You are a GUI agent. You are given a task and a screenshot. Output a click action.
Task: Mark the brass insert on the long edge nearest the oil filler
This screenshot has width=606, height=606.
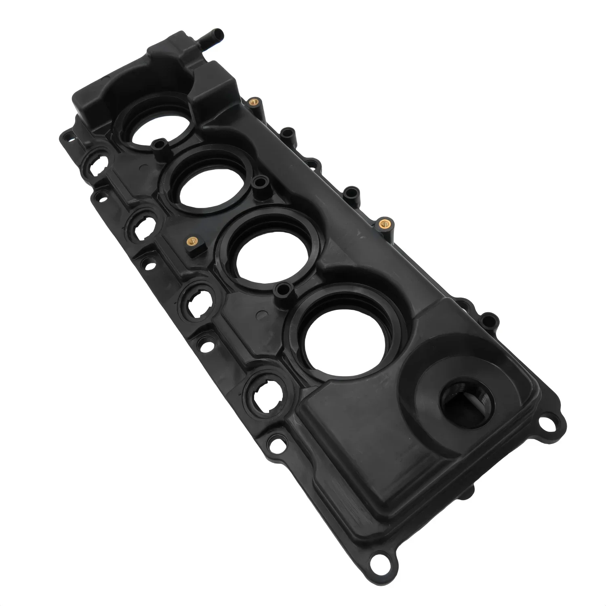(383, 223)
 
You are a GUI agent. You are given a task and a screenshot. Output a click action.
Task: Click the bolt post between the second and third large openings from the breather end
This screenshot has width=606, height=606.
(259, 182)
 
